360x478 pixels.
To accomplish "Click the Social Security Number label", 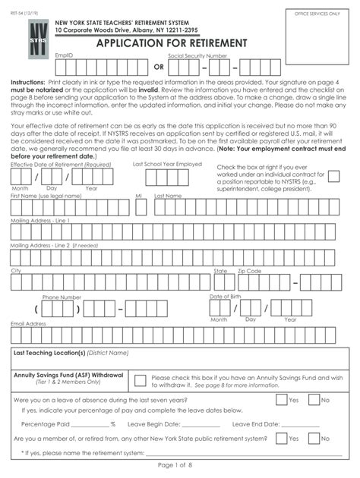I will pos(197,56).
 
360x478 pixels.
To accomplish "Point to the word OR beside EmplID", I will pos(159,67).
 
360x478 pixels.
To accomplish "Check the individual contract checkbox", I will pos(333,176).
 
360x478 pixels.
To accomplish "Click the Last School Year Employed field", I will pos(166,177).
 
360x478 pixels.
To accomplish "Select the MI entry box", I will pos(140,206).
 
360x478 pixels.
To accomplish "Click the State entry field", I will pos(220,282).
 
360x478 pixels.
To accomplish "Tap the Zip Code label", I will pos(249,270).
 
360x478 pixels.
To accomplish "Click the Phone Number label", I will pos(62,297).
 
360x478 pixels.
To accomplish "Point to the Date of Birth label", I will pos(225,296).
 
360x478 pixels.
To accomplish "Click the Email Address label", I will pos(28,323).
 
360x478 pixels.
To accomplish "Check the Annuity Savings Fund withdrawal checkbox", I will pos(140,381).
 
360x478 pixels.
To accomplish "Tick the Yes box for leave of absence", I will pos(281,399).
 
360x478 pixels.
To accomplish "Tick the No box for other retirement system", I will pos(313,438).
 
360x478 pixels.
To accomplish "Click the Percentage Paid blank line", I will pos(90,424).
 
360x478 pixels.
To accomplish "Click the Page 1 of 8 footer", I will pos(178,464).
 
